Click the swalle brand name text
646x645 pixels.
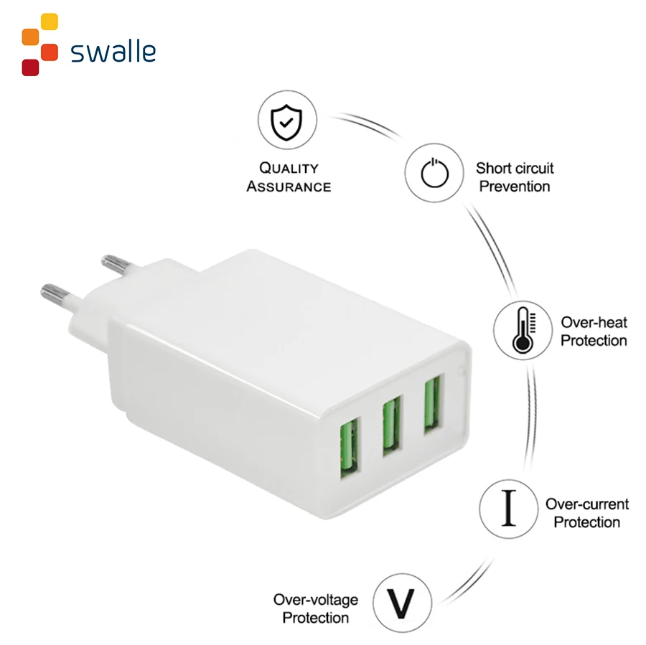click(113, 52)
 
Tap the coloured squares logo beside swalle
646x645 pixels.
click(39, 44)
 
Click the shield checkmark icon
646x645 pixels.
click(286, 123)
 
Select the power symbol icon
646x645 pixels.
click(434, 173)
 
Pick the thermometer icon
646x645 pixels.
click(523, 330)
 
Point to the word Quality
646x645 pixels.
click(289, 169)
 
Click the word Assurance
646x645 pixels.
click(289, 187)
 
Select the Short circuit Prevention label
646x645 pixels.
click(515, 177)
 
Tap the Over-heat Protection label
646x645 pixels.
click(594, 331)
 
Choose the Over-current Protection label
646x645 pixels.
click(586, 513)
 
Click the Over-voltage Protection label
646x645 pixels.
click(315, 608)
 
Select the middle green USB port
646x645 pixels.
click(391, 427)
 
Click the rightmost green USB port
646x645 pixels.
click(432, 405)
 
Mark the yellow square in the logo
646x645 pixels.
click(50, 22)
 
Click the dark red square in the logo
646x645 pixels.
click(30, 67)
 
